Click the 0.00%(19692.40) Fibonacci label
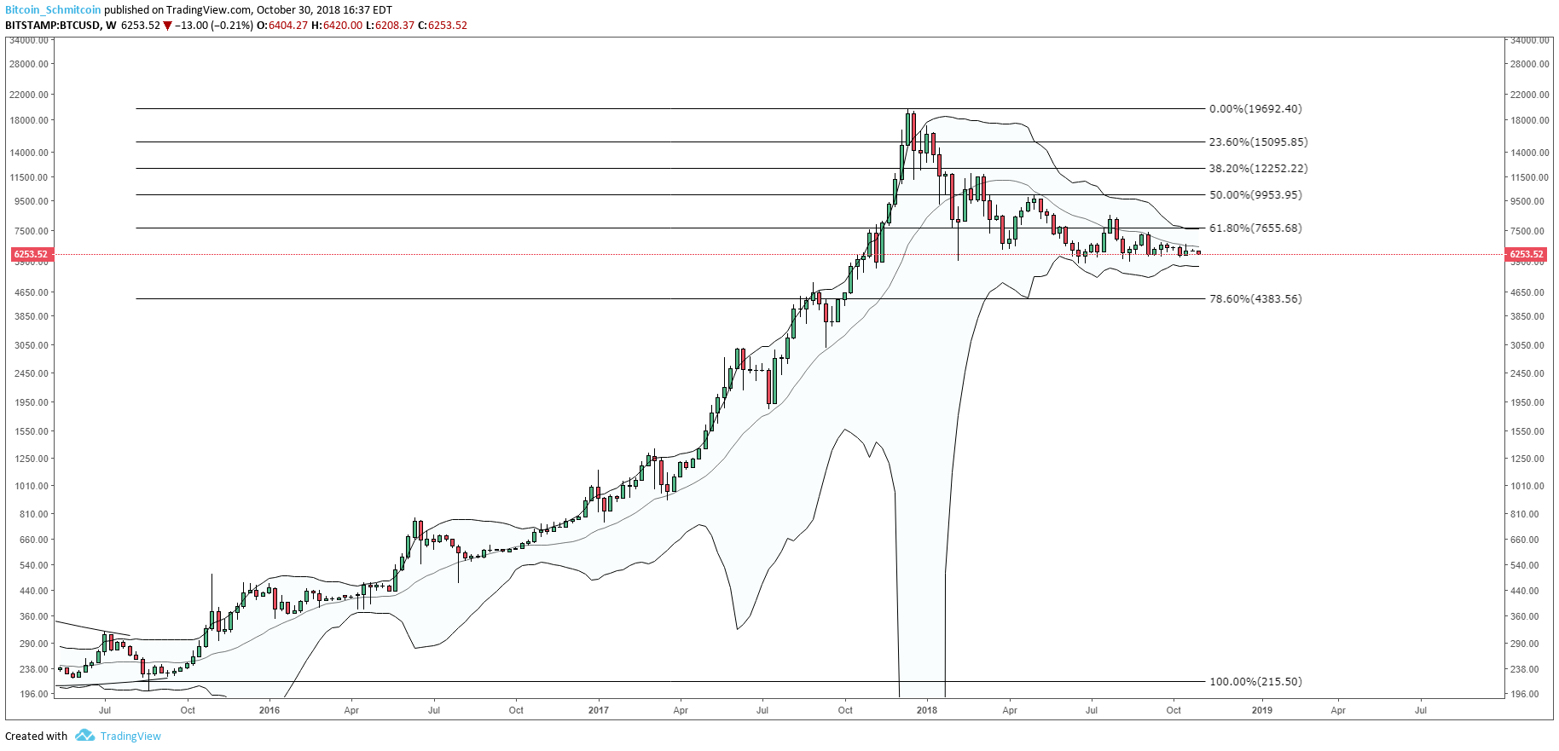(x=1255, y=109)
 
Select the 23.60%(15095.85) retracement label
(x=1258, y=142)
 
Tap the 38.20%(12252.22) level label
(x=1258, y=169)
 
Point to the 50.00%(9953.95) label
(x=1255, y=195)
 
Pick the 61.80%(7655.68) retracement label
(x=1255, y=228)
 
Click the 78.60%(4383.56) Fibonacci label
(x=1255, y=299)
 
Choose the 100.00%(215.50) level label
(x=1255, y=682)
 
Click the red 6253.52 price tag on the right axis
(x=1526, y=254)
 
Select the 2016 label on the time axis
(x=269, y=710)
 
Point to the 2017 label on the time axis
(x=599, y=710)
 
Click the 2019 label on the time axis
(x=1261, y=710)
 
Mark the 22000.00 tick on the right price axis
(x=1529, y=95)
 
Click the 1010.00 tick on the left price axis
(x=31, y=486)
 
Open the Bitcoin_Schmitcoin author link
(x=53, y=10)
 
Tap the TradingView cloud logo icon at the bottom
(x=84, y=736)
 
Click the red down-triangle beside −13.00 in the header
(x=167, y=26)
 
